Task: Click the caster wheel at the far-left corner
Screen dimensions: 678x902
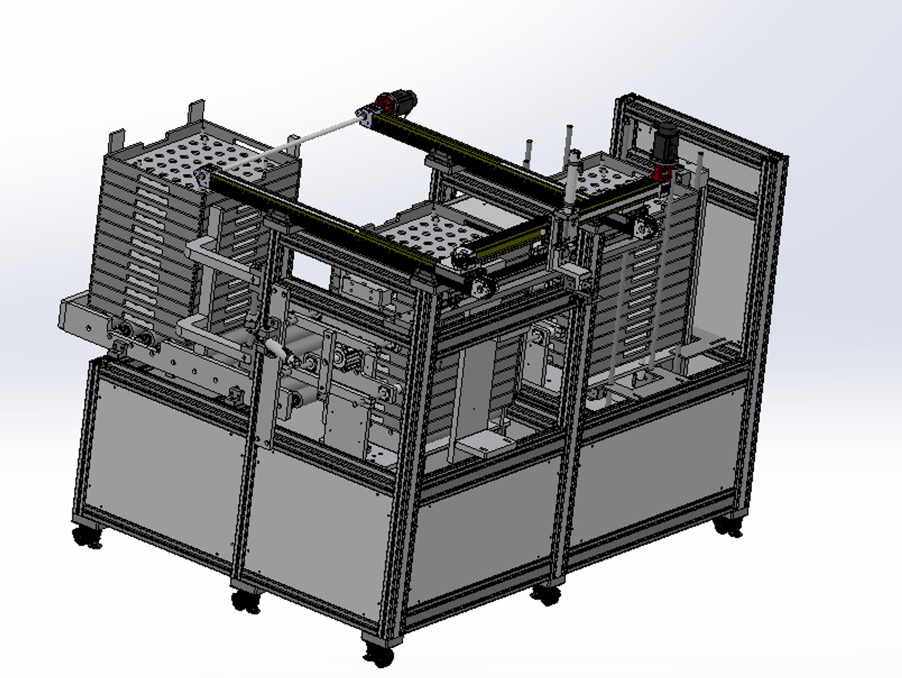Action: point(87,537)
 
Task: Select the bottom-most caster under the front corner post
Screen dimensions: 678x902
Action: point(379,655)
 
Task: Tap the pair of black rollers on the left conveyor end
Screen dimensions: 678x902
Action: point(135,337)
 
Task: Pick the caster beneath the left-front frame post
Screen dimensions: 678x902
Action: point(247,601)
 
